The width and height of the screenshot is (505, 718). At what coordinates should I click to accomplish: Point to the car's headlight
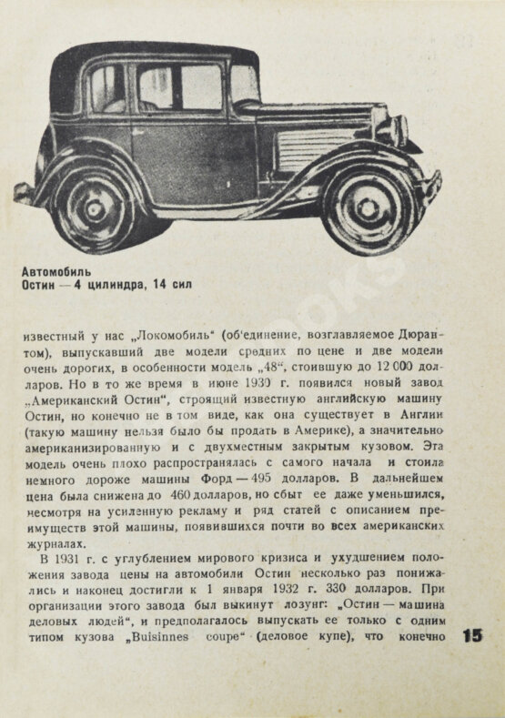[x=398, y=129]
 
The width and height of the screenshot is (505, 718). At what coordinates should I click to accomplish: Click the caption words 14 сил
[x=174, y=286]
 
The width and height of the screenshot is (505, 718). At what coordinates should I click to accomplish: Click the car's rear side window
[x=106, y=88]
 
